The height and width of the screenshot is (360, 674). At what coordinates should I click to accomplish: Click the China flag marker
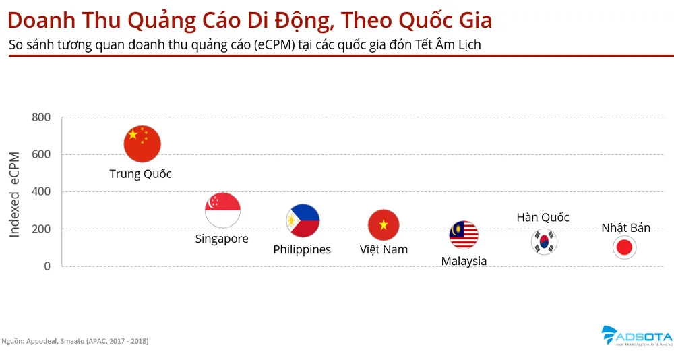[142, 144]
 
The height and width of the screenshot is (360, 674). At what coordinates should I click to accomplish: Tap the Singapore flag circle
[222, 210]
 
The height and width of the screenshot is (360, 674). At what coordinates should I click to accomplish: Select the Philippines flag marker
[303, 220]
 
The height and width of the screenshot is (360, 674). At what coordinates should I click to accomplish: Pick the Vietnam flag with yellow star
[384, 224]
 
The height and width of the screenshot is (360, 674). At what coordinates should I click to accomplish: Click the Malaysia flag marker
[464, 235]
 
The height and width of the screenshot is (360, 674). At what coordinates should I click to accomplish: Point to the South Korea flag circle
[544, 241]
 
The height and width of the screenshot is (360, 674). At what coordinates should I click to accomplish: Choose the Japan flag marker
[625, 247]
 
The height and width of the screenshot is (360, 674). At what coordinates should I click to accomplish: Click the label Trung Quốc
[140, 174]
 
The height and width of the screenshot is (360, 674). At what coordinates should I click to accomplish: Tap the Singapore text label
[222, 239]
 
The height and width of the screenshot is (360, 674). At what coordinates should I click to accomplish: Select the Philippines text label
[302, 249]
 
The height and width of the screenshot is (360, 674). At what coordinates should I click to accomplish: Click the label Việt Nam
[384, 249]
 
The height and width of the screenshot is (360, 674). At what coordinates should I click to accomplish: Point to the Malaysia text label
[464, 261]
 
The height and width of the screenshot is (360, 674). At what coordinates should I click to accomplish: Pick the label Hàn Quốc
[543, 217]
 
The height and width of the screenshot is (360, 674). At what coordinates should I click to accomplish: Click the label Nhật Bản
[625, 228]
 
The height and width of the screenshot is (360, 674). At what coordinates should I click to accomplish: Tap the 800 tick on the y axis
[41, 117]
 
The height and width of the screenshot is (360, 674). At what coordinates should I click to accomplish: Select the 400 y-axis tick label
[41, 191]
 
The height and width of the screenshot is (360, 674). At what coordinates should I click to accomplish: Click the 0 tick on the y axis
[47, 266]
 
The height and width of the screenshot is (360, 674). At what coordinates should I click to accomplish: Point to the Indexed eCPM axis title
[15, 194]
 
